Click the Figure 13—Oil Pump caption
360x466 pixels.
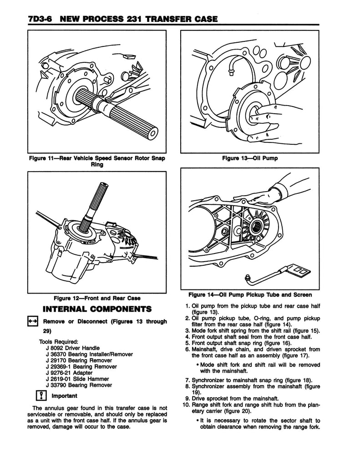pyautogui.click(x=250, y=158)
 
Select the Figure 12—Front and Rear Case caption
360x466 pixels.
pyautogui.click(x=97, y=298)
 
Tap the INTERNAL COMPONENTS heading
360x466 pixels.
pyautogui.click(x=97, y=309)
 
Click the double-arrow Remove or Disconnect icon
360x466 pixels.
pyautogui.click(x=33, y=322)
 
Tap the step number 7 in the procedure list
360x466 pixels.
pyautogui.click(x=188, y=379)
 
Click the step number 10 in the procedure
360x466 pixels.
pyautogui.click(x=186, y=405)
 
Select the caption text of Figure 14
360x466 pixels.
pyautogui.click(x=250, y=294)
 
